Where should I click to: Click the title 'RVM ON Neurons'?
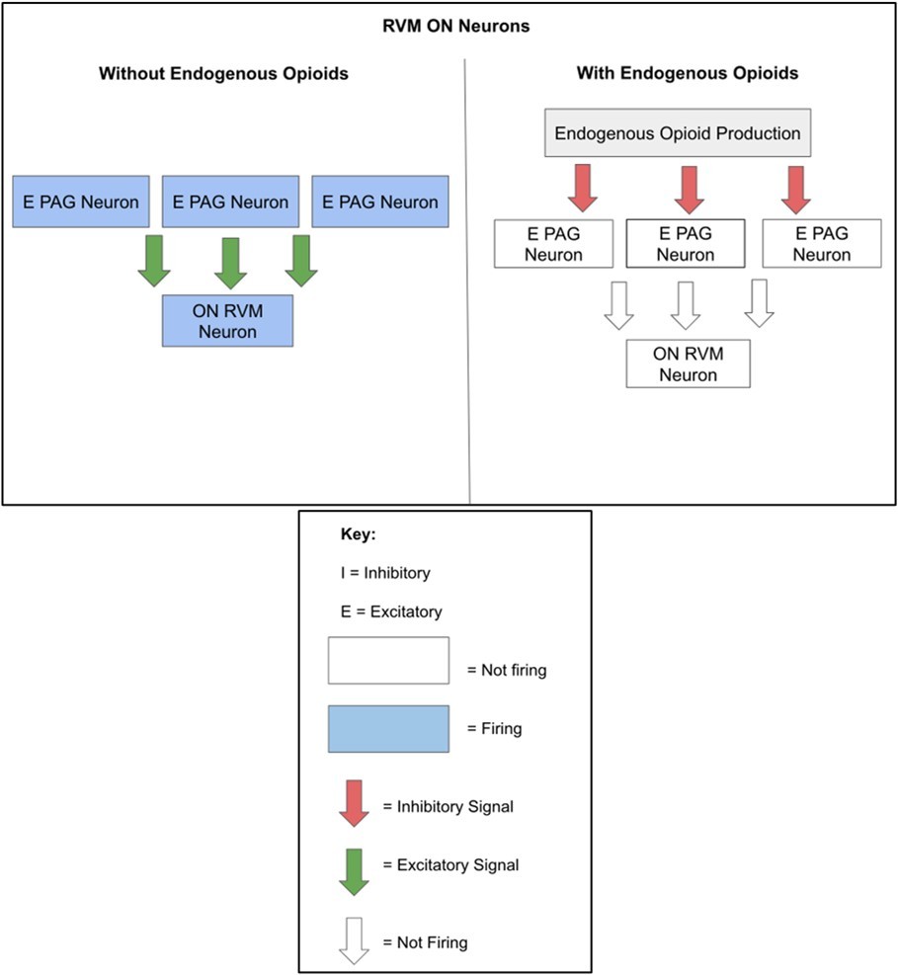click(456, 27)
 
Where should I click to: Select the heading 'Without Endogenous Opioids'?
click(223, 74)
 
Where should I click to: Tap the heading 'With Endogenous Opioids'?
click(688, 74)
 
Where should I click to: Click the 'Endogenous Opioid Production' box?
click(678, 132)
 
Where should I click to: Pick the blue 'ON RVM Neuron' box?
click(227, 321)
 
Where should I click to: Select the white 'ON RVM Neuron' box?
click(688, 364)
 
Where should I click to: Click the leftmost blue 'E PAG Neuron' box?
click(81, 202)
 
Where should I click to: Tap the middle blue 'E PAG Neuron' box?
click(230, 202)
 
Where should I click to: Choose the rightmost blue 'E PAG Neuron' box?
click(380, 202)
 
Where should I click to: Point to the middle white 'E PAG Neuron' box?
click(686, 243)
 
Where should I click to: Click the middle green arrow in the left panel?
click(230, 262)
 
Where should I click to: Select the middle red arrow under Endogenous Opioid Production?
click(690, 188)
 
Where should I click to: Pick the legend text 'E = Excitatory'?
click(390, 611)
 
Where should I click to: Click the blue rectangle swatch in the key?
click(388, 729)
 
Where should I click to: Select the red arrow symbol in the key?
click(353, 802)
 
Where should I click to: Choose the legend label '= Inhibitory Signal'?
click(448, 807)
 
